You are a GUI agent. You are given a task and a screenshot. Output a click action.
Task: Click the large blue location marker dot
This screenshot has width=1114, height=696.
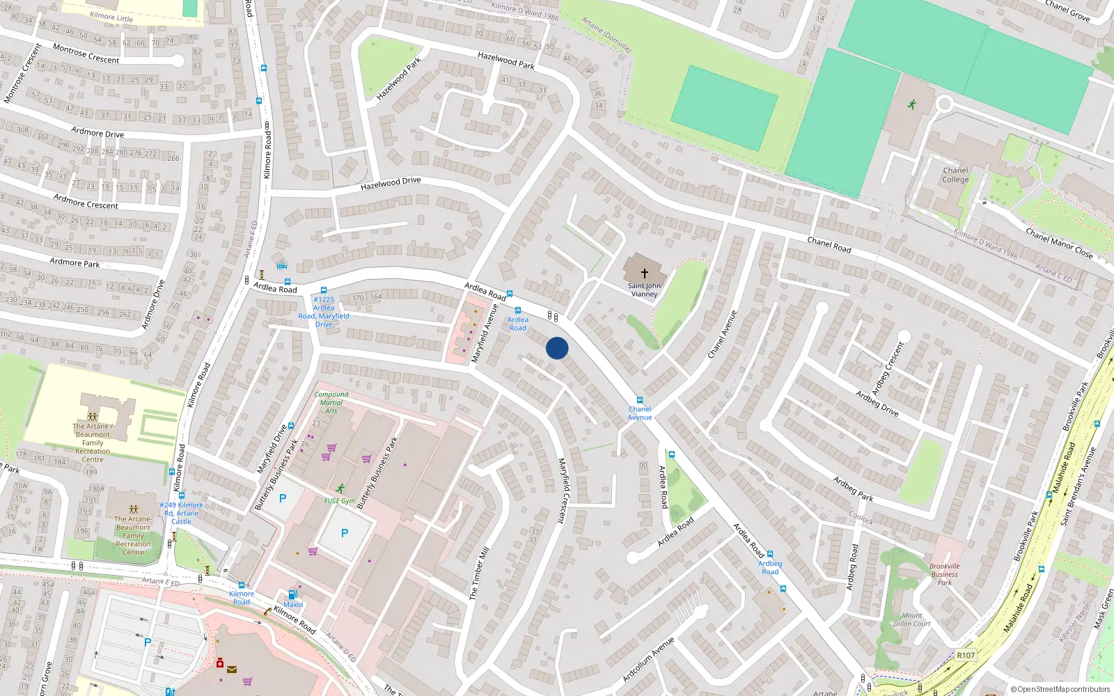(557, 348)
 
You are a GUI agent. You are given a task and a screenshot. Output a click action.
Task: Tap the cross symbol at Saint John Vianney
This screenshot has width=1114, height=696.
(644, 274)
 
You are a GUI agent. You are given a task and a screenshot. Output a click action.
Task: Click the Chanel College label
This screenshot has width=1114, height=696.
(955, 175)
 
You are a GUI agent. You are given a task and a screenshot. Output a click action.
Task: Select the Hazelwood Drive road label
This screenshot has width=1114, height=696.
(391, 183)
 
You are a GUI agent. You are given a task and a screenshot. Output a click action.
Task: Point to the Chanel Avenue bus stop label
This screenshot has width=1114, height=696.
(640, 413)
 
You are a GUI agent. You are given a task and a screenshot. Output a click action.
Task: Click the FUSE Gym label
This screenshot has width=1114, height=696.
(340, 500)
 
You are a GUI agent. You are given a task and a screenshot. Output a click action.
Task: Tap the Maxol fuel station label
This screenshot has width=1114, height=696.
(293, 604)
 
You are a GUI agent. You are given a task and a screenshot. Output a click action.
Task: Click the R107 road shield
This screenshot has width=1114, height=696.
(966, 655)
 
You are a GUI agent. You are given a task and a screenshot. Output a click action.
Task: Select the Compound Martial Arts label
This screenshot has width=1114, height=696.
(331, 402)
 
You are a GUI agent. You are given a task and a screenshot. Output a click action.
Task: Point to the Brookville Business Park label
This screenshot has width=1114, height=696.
(944, 574)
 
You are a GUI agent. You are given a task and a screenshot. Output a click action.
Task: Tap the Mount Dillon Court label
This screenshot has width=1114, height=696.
(912, 619)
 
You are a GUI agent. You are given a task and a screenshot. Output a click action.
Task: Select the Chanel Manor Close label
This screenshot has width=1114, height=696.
(1058, 244)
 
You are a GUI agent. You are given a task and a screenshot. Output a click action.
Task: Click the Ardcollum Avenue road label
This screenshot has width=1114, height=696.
(648, 659)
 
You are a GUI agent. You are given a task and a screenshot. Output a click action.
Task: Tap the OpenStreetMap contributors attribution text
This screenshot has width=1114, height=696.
(1060, 689)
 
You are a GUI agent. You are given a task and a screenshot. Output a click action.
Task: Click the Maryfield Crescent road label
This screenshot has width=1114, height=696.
(562, 490)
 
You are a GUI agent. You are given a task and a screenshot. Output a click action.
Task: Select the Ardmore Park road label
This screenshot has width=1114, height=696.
(74, 262)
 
